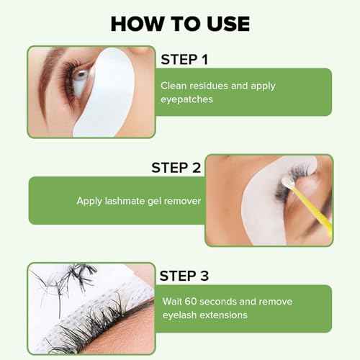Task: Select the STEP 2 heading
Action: tap(177, 167)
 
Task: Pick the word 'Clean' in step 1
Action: tap(175, 86)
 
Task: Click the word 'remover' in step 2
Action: tap(181, 201)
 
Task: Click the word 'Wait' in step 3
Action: tap(172, 302)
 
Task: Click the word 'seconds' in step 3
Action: tap(220, 302)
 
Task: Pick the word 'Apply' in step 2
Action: tap(90, 201)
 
